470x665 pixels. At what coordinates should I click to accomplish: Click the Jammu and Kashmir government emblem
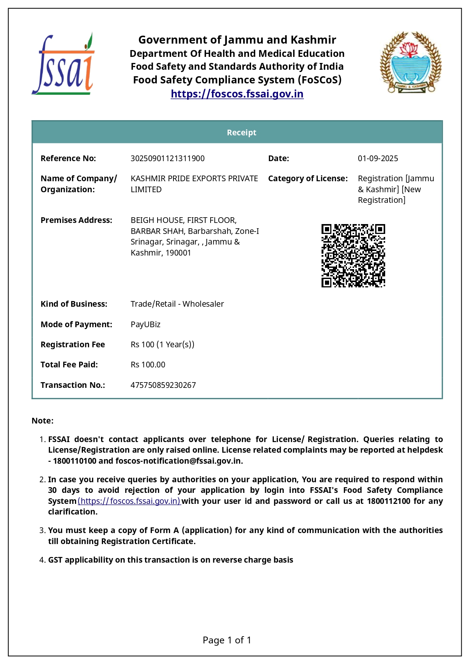(x=411, y=63)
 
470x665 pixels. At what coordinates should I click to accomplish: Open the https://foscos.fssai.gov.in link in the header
(x=237, y=94)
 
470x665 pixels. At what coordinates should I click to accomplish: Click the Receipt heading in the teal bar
(x=241, y=132)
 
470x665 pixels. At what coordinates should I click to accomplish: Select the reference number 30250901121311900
(x=167, y=158)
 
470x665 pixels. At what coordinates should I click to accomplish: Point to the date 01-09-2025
(x=378, y=158)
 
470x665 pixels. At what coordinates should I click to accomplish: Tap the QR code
(x=353, y=255)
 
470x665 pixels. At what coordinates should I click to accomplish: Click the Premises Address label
(x=76, y=220)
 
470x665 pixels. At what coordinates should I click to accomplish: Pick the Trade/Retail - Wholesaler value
(x=177, y=304)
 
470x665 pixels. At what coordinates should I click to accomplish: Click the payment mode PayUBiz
(x=145, y=325)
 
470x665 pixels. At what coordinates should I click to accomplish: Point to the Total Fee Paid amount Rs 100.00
(x=148, y=365)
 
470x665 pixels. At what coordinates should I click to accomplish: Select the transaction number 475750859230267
(x=163, y=385)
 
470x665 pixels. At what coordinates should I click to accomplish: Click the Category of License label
(x=308, y=179)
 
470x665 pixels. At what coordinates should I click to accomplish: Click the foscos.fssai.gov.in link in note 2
(x=130, y=501)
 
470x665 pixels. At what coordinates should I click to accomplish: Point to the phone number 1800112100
(x=388, y=501)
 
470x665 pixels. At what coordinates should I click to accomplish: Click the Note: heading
(x=42, y=421)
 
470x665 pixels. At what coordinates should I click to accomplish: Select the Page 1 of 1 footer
(x=227, y=640)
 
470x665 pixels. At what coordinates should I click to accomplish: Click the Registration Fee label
(x=73, y=345)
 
